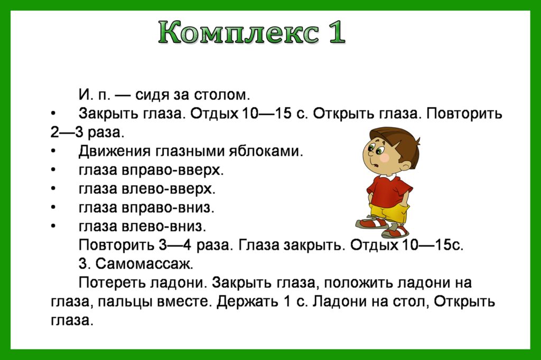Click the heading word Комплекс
pos(239,33)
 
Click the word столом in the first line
pos(221,94)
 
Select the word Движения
pos(115,151)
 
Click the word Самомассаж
pos(144,264)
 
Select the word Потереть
pos(113,283)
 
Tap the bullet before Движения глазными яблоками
pos(53,151)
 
